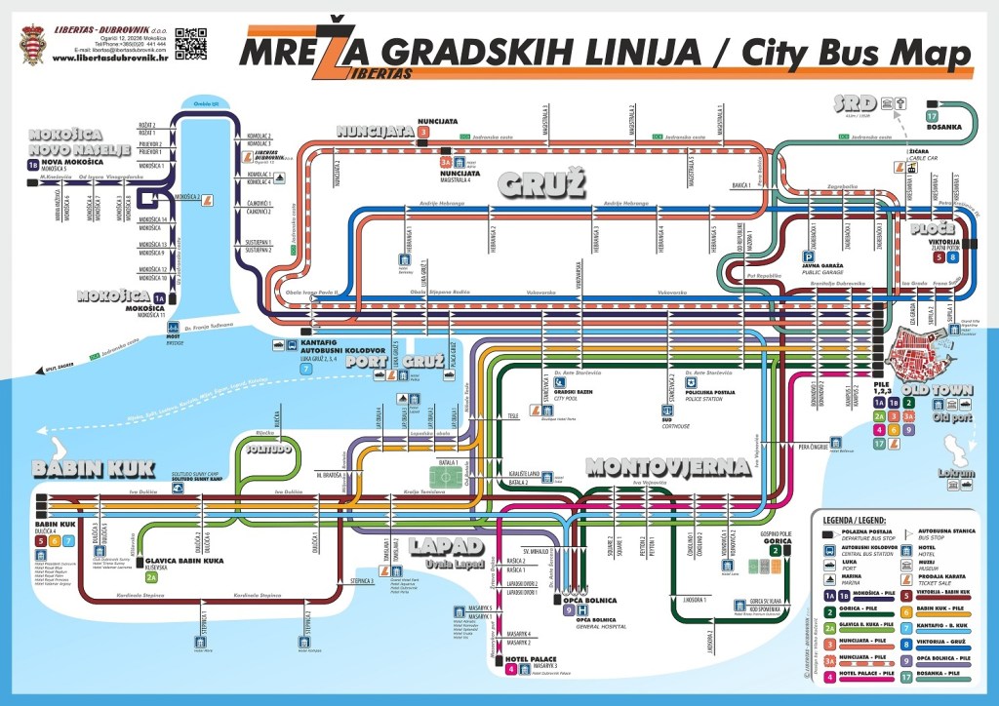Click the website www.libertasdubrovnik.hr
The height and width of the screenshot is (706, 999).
click(x=110, y=58)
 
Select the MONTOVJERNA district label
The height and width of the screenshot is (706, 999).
click(x=667, y=467)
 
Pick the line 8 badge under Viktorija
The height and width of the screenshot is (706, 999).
click(x=953, y=258)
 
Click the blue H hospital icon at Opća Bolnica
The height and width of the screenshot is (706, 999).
click(x=582, y=610)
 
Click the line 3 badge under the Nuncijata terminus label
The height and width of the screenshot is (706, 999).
click(x=423, y=132)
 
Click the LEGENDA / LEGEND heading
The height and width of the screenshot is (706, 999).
click(x=855, y=521)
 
